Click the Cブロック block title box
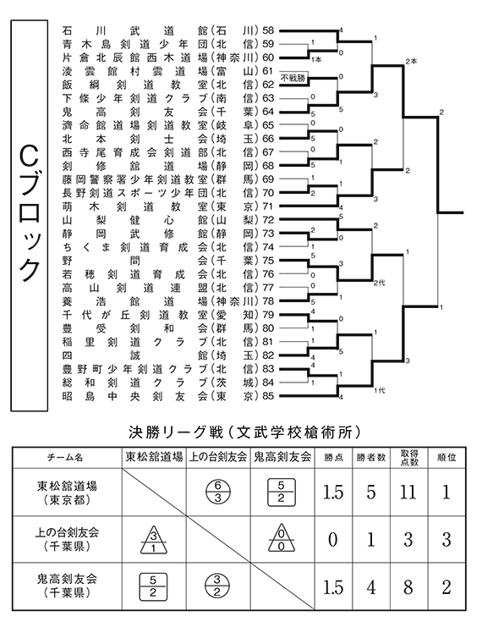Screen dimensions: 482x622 pyautogui.click(x=30, y=216)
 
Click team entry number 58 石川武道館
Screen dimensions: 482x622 pyautogui.click(x=168, y=30)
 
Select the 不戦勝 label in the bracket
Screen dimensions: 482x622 pyautogui.click(x=293, y=78)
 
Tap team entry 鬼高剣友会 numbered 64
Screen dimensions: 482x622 pyautogui.click(x=168, y=112)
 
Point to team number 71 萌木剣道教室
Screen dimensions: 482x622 pyautogui.click(x=168, y=206)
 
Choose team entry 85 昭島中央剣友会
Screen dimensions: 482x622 pyautogui.click(x=168, y=396)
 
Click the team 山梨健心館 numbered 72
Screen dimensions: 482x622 pyautogui.click(x=168, y=220)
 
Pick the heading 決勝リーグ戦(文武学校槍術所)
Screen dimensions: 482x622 pyautogui.click(x=244, y=432)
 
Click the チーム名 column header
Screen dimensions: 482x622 pyautogui.click(x=66, y=457)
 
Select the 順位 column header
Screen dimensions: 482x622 pyautogui.click(x=446, y=457)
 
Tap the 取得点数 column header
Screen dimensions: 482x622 pyautogui.click(x=408, y=457)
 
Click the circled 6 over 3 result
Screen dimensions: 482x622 pyautogui.click(x=217, y=492)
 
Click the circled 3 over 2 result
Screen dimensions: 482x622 pyautogui.click(x=216, y=586)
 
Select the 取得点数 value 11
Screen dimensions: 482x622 pyautogui.click(x=408, y=493)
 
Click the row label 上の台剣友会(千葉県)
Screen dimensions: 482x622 pyautogui.click(x=67, y=539)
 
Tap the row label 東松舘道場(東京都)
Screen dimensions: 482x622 pyautogui.click(x=67, y=493)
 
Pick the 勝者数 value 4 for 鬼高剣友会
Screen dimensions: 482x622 pyautogui.click(x=371, y=587)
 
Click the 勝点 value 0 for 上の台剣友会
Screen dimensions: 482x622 pyautogui.click(x=333, y=540)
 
